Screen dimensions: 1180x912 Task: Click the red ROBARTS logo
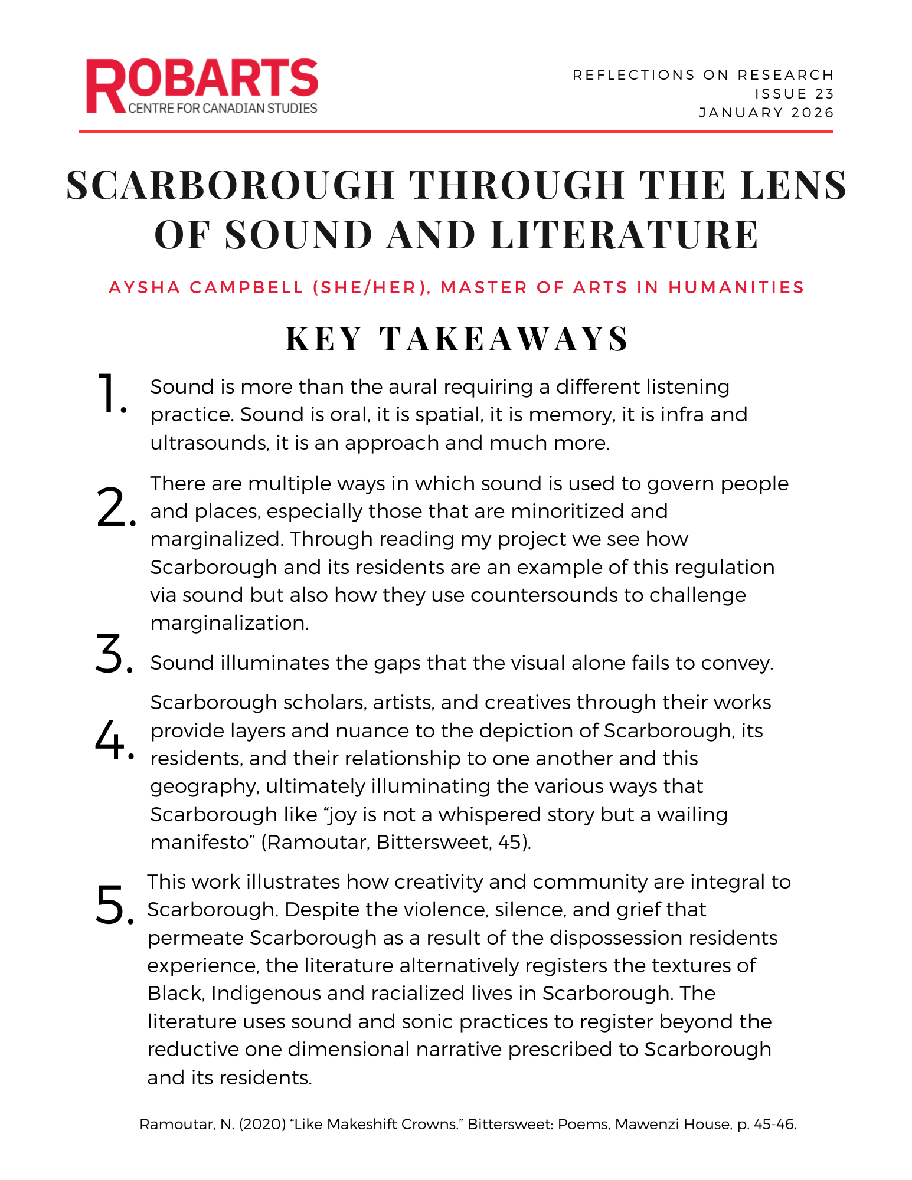click(x=202, y=85)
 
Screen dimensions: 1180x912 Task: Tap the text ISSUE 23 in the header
click(x=794, y=94)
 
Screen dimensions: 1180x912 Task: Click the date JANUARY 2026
click(x=766, y=113)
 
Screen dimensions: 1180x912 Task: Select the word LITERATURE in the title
click(x=625, y=235)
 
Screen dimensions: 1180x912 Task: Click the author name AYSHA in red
click(x=145, y=288)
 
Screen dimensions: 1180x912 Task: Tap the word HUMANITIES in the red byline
click(x=736, y=288)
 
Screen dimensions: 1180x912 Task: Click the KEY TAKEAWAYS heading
click(x=457, y=339)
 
